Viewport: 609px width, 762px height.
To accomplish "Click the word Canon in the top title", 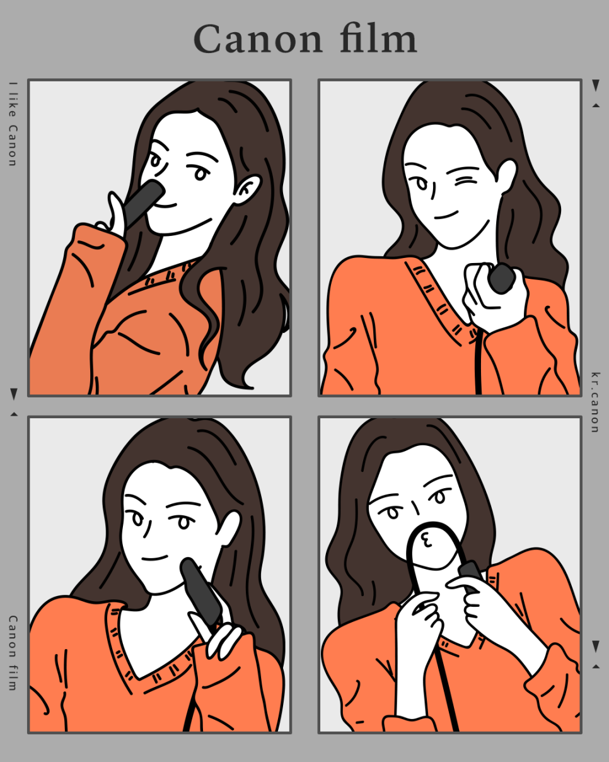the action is pos(258,39).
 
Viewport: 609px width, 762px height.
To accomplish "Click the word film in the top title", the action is pos(379,38).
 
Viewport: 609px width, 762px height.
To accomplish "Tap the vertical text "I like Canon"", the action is pos(13,124).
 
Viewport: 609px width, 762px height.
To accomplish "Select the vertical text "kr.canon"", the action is pos(596,402).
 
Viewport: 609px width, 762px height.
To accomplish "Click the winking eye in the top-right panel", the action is pos(465,181).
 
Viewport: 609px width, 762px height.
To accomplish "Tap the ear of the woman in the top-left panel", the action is pos(247,189).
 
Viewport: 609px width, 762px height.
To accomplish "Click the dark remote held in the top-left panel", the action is pos(143,203).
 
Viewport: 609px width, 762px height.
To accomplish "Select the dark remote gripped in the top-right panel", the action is pos(501,278).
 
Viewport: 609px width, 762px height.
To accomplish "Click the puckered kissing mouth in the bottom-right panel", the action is pos(426,539).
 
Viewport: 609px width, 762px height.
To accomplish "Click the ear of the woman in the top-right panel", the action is pos(507,176).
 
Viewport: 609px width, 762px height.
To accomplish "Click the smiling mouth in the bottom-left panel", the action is pos(154,558).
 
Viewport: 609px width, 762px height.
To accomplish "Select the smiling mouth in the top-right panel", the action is pos(446,215).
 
